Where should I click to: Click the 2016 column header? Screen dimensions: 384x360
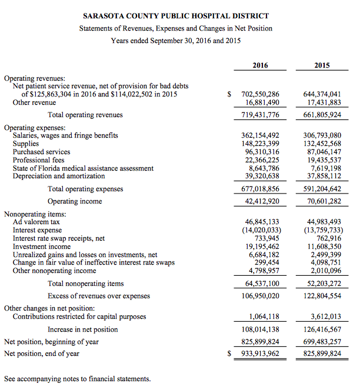pyautogui.click(x=261, y=65)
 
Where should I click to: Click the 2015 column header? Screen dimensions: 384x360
pyautogui.click(x=322, y=65)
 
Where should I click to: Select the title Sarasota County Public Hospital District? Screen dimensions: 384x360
pyautogui.click(x=176, y=16)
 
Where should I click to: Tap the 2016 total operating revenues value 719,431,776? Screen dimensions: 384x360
pyautogui.click(x=261, y=115)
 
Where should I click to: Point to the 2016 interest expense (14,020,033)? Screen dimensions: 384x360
pyautogui.click(x=259, y=231)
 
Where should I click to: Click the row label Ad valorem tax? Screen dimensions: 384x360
pyautogui.click(x=36, y=222)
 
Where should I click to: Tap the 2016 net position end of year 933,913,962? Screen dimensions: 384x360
pyautogui.click(x=261, y=353)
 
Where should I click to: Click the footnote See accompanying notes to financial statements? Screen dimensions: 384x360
pyautogui.click(x=77, y=378)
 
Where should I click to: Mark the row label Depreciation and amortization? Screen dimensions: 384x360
pyautogui.click(x=59, y=176)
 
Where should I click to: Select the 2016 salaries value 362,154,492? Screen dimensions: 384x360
pyautogui.click(x=261, y=135)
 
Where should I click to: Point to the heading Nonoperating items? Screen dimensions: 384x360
pyautogui.click(x=35, y=215)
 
